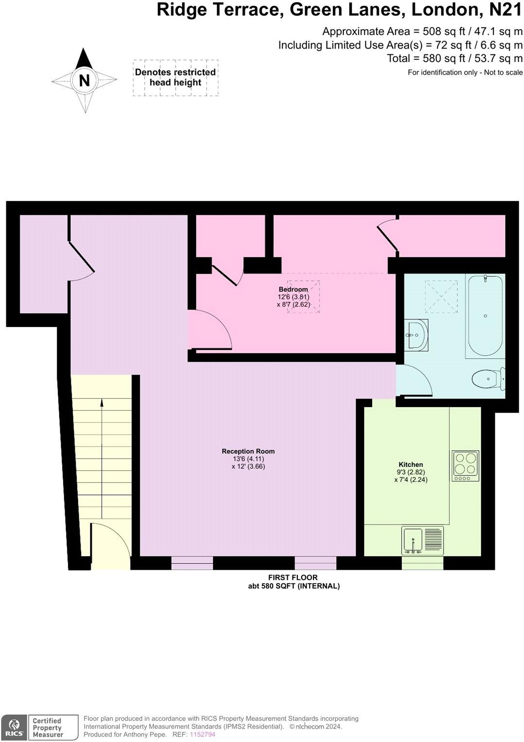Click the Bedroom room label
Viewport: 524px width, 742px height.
[293, 289]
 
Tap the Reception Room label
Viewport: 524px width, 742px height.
[248, 451]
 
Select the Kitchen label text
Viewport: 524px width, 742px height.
[410, 464]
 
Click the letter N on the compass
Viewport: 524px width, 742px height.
[84, 81]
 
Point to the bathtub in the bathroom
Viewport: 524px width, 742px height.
[485, 316]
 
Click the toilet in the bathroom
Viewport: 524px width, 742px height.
[488, 379]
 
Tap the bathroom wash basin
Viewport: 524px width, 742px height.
[416, 334]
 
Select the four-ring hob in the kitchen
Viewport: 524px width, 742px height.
[465, 466]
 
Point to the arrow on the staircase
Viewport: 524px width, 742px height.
[101, 403]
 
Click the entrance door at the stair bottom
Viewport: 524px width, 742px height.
[110, 546]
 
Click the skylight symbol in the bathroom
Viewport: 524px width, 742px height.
[441, 297]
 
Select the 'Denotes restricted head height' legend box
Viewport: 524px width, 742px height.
[175, 78]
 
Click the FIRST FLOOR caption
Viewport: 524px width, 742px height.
[293, 577]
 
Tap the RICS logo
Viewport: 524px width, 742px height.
[15, 728]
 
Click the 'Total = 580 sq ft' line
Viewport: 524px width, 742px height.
[455, 59]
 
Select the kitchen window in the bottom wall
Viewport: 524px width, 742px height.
[423, 563]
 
